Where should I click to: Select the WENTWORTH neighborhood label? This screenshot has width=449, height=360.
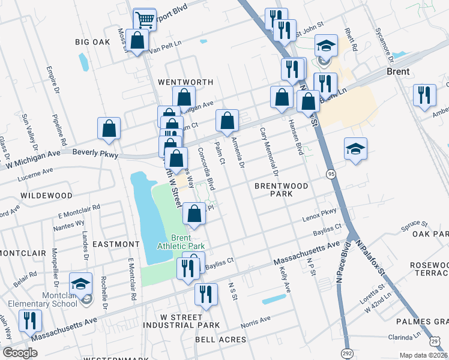pos(185,82)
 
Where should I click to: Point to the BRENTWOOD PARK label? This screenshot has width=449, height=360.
pos(281,190)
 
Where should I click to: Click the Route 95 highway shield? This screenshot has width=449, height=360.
pos(331,173)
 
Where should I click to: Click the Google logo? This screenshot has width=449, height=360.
pos(20,353)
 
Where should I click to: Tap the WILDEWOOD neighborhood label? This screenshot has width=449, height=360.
pos(46,196)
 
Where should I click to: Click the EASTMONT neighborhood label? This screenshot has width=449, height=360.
pos(116,244)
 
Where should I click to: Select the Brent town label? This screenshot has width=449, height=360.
pos(398,71)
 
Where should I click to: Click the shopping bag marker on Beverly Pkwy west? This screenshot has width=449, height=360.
pos(109,128)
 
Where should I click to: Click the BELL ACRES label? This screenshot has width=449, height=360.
pos(220,340)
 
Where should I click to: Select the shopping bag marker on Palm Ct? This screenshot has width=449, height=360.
pos(228,121)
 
